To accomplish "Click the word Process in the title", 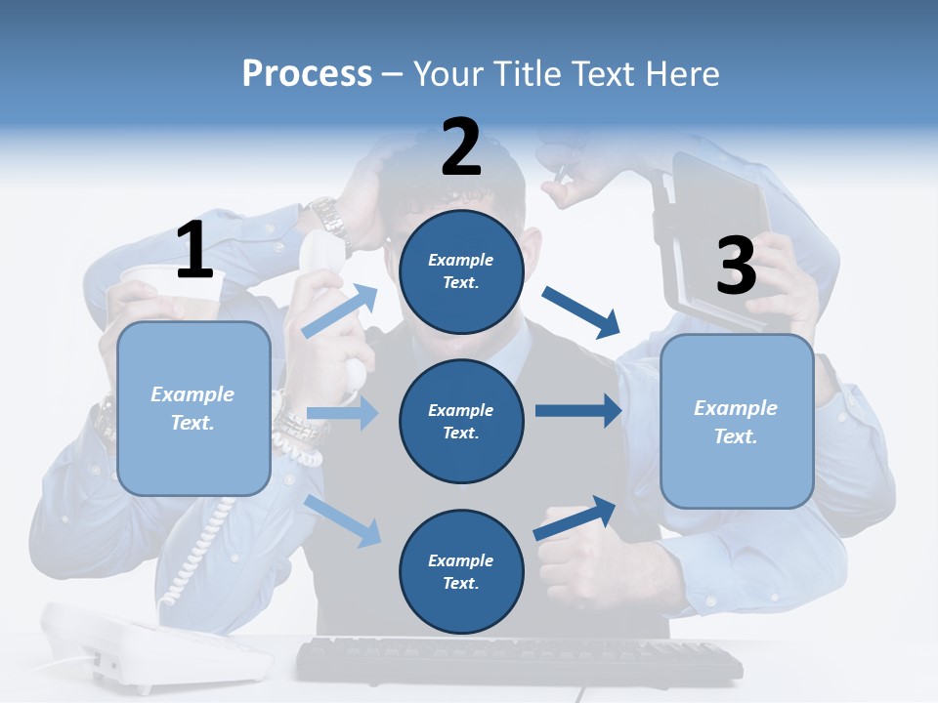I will point(307,74).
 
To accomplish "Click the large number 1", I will point(194,250).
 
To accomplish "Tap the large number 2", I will point(461,146).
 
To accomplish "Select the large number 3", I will point(736,267).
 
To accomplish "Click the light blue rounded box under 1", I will point(193,408).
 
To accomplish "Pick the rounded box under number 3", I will point(737,421).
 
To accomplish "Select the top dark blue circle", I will point(461,271).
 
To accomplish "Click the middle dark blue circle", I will point(461,421).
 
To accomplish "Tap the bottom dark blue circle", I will point(461,571).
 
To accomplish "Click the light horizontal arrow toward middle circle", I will point(342,413).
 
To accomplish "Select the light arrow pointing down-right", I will point(342,520).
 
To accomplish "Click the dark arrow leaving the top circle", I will point(582,310).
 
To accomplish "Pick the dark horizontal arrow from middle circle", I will point(578,411).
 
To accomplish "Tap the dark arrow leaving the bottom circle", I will point(575,517).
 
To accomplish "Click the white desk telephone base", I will point(156,649).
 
